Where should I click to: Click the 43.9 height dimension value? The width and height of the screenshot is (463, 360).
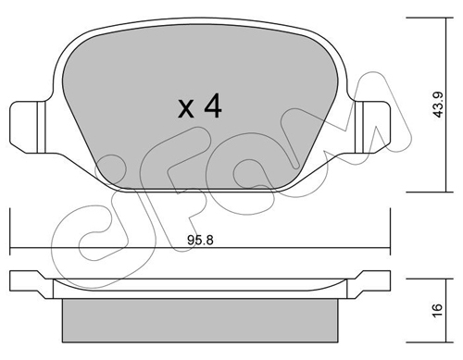pyautogui.click(x=438, y=105)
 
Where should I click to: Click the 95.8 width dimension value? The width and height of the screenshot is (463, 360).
pyautogui.click(x=200, y=240)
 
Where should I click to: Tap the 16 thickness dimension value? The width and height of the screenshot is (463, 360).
pyautogui.click(x=438, y=309)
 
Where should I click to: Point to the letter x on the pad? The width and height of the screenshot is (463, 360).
pyautogui.click(x=186, y=109)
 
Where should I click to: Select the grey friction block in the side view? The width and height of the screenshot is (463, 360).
pyautogui.click(x=200, y=320)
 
